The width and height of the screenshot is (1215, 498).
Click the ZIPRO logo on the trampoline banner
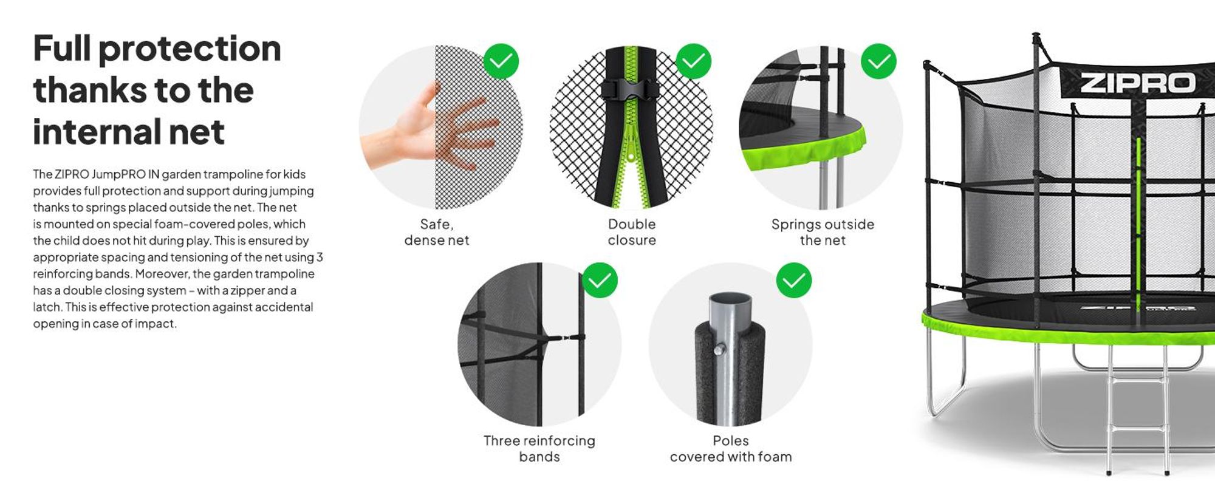pos(1137,83)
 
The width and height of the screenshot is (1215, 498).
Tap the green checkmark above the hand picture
pos(501,61)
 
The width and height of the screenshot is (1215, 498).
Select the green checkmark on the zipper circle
pos(693,61)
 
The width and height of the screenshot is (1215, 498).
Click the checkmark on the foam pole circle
pos(794,281)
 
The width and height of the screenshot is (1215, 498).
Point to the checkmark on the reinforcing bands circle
pos(600,281)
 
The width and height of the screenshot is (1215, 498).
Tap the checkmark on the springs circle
pos(878,61)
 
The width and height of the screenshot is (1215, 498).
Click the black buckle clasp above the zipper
pos(631,90)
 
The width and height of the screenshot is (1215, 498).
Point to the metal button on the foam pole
pos(719,349)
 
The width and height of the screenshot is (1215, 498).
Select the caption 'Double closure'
pos(632,232)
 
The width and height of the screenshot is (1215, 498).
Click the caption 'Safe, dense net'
pos(437,232)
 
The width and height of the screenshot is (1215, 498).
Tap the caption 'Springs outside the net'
pos(823,232)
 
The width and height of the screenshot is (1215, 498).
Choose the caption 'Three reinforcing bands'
pos(539,449)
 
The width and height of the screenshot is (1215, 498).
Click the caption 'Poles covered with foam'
pos(731,449)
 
